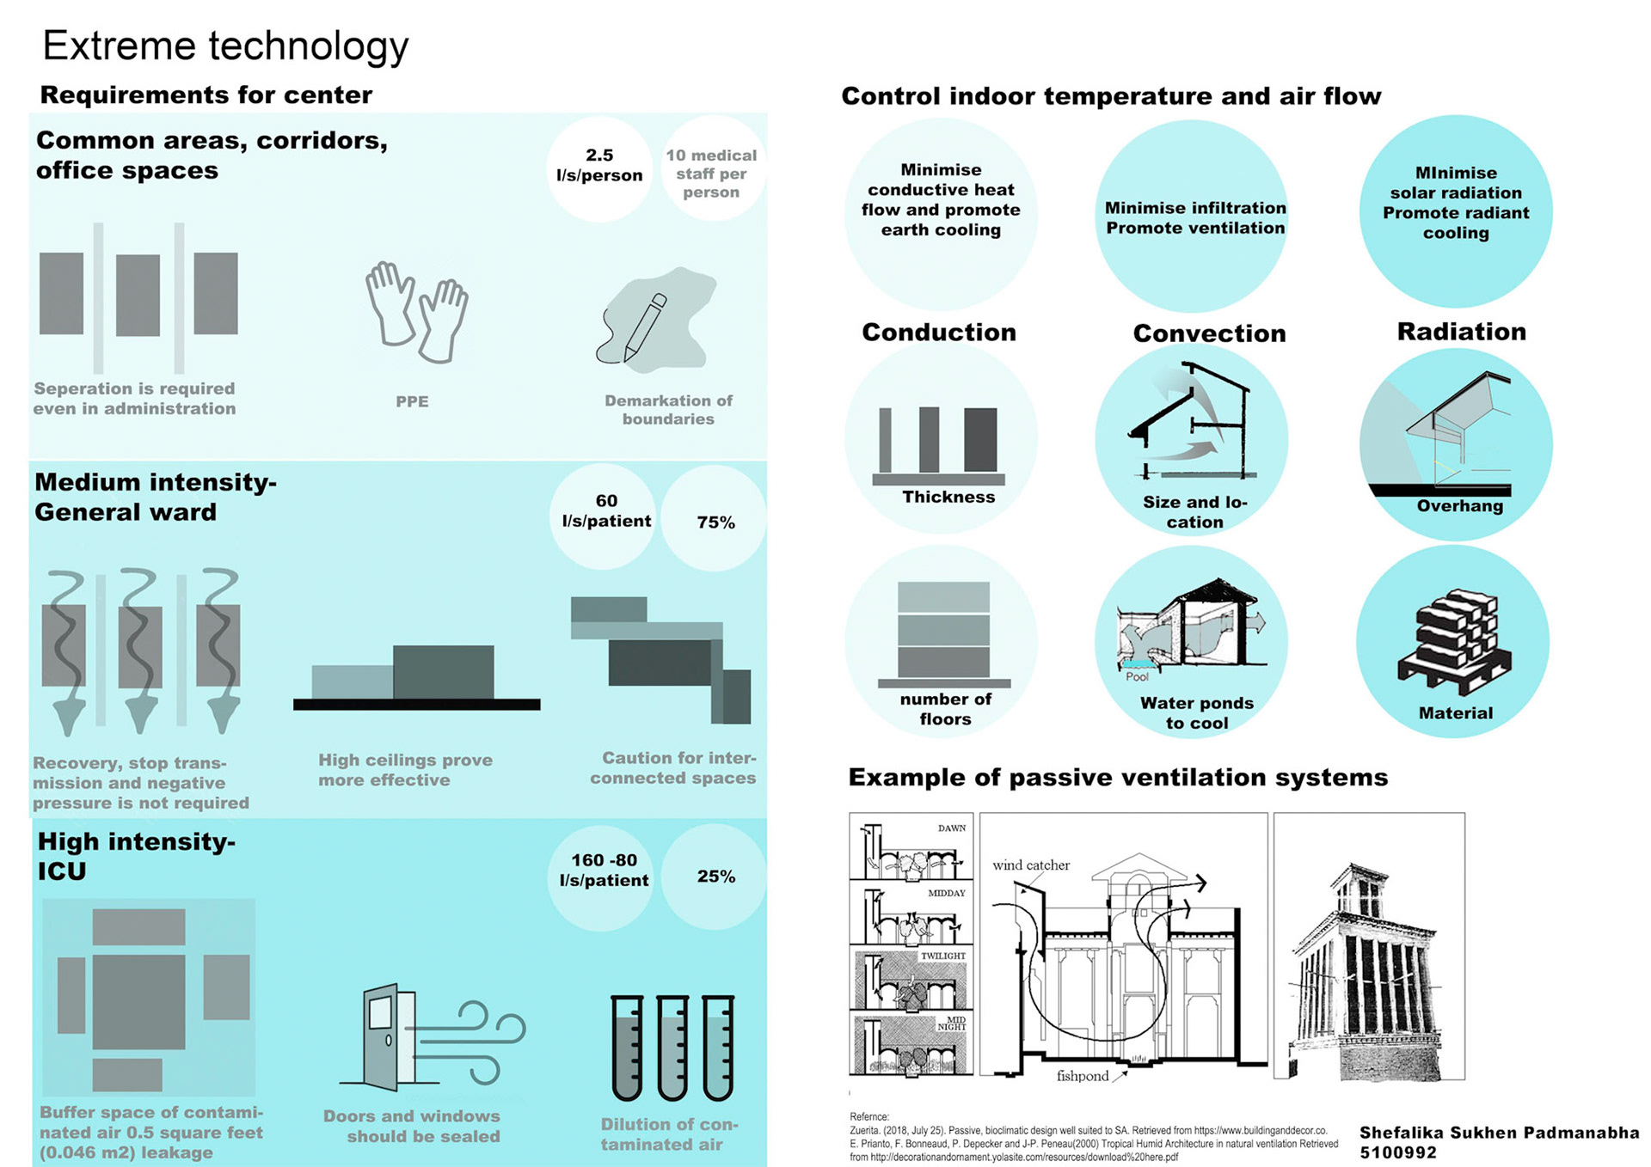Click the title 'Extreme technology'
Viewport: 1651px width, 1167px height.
225,46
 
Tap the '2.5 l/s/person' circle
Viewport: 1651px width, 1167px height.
599,166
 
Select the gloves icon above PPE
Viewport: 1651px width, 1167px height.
417,311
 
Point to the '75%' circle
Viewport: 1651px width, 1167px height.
715,522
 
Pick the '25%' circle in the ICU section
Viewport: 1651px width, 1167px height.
715,877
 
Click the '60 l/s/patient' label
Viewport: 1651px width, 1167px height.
606,511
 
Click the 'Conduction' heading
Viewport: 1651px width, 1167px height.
939,333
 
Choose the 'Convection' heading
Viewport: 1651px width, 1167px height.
1209,333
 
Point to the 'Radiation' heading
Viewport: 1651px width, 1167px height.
1461,332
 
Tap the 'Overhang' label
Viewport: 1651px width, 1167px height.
1459,506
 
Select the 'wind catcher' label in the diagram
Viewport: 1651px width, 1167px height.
1031,865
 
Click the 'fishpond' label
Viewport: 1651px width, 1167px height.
1083,1076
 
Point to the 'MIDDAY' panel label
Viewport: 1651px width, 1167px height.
946,893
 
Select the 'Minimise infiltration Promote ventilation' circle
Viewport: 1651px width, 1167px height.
1194,217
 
